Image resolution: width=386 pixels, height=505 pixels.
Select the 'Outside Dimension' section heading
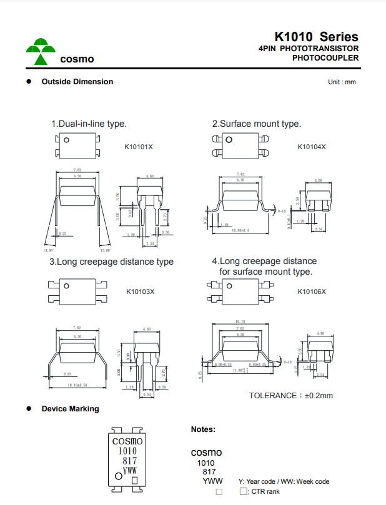(77, 82)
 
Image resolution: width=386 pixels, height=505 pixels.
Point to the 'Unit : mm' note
(342, 82)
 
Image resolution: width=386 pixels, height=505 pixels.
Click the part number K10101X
(139, 147)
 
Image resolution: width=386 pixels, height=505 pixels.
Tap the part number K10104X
(312, 147)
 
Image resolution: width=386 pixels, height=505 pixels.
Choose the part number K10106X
(312, 292)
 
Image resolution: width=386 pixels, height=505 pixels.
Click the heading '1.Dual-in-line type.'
(89, 124)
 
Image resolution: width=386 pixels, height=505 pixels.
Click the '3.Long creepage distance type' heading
(112, 262)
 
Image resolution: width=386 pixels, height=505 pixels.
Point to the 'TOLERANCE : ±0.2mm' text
(291, 395)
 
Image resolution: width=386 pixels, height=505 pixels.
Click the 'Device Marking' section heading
(70, 409)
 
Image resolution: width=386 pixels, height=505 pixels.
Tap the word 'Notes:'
(204, 429)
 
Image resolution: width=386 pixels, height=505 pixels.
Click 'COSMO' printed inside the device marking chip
(128, 441)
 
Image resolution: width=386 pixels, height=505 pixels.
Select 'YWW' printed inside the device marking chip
(129, 471)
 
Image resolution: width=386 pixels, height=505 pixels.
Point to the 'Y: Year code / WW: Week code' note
(284, 481)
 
